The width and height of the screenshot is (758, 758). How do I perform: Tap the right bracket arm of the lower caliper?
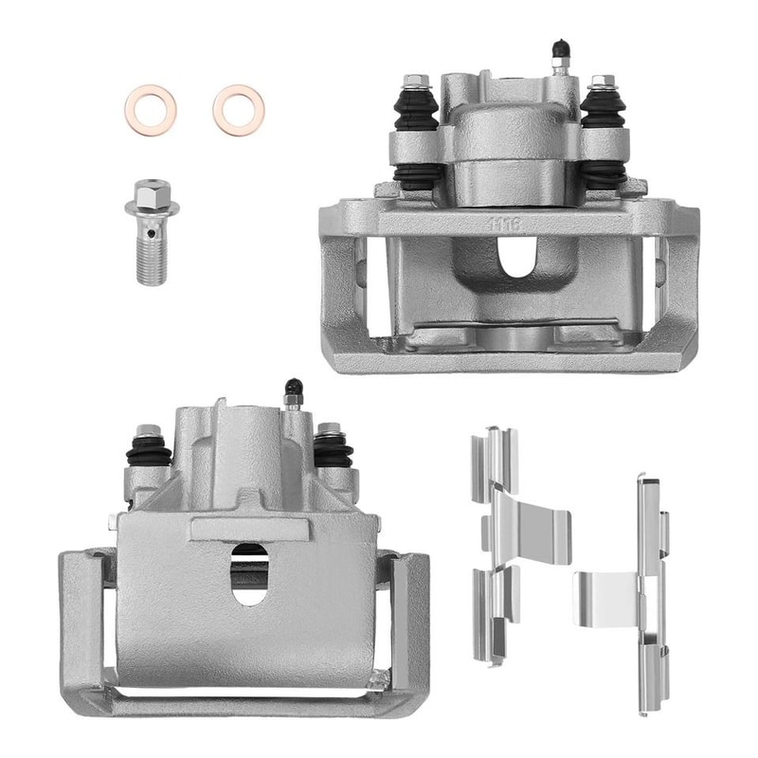[x=410, y=625]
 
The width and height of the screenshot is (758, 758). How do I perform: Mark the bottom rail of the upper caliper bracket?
[x=512, y=360]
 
